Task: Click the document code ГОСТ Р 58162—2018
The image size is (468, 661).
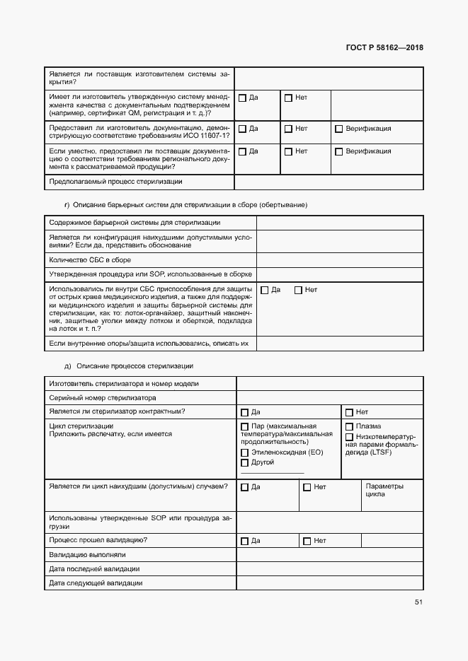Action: pos(384,48)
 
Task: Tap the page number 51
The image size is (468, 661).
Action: pos(418,602)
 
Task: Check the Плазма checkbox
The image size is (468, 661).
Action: pos(349,427)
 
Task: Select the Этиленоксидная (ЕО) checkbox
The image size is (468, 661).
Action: pos(245,452)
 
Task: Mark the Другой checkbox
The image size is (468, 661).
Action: pos(245,462)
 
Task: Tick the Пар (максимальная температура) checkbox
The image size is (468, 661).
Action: pos(245,427)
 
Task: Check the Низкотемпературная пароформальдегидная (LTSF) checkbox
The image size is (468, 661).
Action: pos(349,437)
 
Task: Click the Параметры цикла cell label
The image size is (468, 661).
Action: pos(384,491)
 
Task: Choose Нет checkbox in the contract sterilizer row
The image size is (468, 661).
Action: pos(349,412)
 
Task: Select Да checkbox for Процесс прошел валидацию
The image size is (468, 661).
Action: pos(245,542)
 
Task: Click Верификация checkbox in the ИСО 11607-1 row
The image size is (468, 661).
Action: pos(338,129)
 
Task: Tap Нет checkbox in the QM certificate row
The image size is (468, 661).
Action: pos(288,98)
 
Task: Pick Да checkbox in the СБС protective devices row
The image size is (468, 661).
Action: pos(265,290)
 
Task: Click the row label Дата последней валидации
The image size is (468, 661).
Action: pos(94,568)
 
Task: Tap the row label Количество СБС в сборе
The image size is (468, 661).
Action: pos(90,259)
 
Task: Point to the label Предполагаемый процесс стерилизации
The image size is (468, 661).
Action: pos(115,182)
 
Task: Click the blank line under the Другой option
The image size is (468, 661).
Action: pos(273,472)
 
